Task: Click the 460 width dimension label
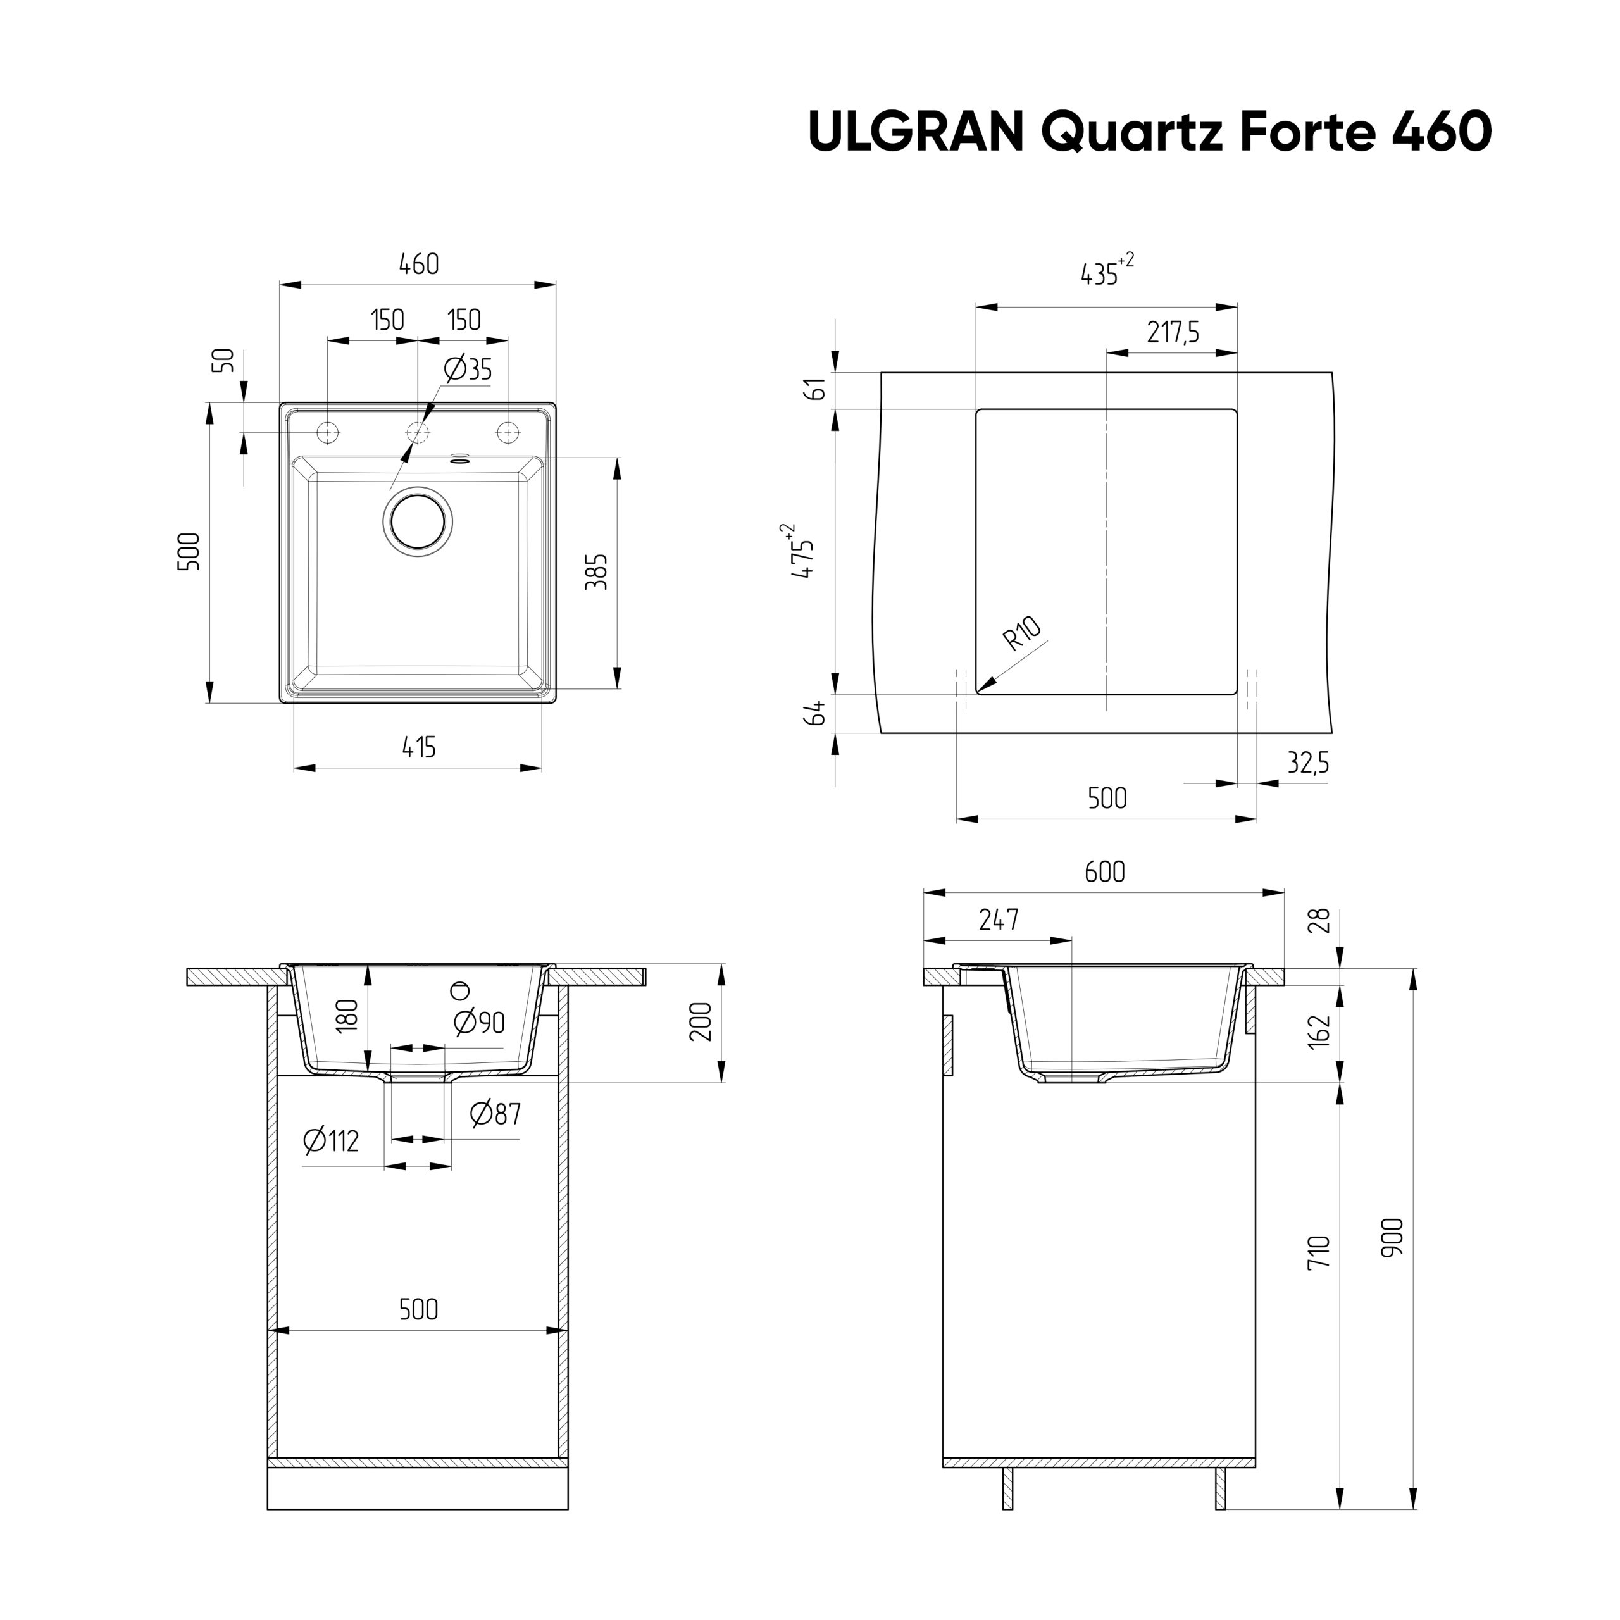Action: click(x=418, y=264)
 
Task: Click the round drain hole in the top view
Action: click(x=418, y=521)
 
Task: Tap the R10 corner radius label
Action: click(x=1021, y=634)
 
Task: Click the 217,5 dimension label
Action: click(x=1172, y=333)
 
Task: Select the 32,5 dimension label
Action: click(x=1308, y=763)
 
